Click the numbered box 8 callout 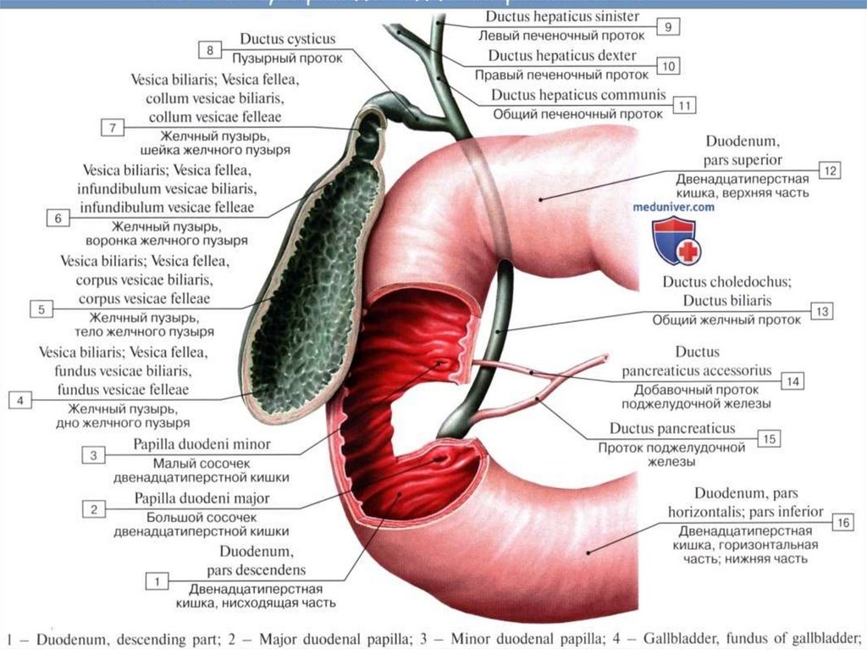coord(210,50)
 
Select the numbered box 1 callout coord(157,581)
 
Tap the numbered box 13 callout coord(821,311)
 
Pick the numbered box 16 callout coord(843,522)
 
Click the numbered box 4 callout coord(19,399)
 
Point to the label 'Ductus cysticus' coord(288,39)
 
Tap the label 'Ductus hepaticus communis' coord(578,95)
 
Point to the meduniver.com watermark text coord(673,206)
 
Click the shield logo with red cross coord(674,242)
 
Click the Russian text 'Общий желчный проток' coord(726,320)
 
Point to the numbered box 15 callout coord(769,438)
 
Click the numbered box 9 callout coord(668,28)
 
